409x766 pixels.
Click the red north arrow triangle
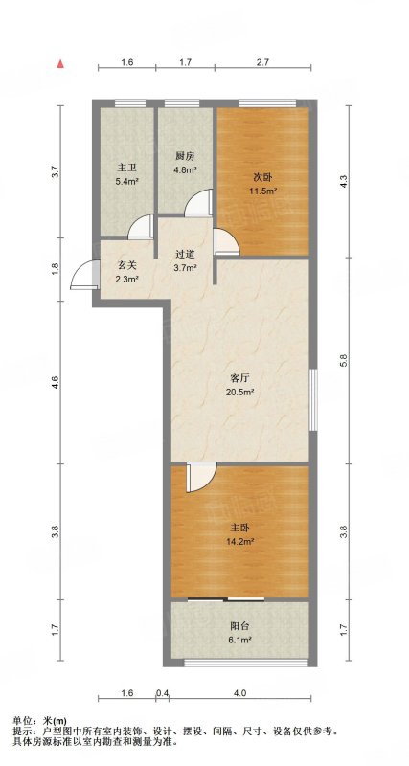point(60,63)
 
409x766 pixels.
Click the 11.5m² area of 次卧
point(263,191)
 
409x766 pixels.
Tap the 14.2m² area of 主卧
point(239,541)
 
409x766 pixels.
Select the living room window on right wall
point(313,399)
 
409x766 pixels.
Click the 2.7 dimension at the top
point(262,62)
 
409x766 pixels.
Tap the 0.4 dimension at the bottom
point(163,692)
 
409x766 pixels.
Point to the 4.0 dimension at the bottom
point(239,692)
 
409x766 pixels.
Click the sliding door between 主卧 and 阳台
point(226,599)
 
